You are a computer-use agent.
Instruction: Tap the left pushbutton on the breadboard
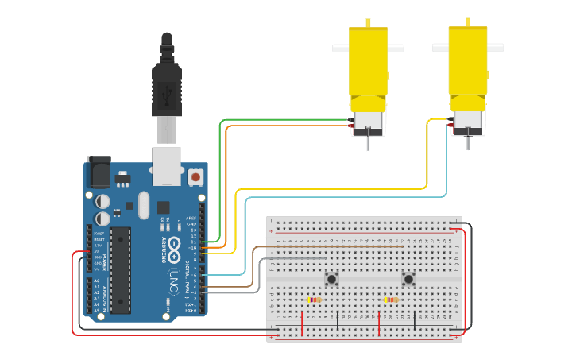[331, 278]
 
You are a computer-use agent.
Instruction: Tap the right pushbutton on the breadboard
[408, 278]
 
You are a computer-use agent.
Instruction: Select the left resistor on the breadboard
[314, 300]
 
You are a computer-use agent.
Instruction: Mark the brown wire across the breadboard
[334, 247]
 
